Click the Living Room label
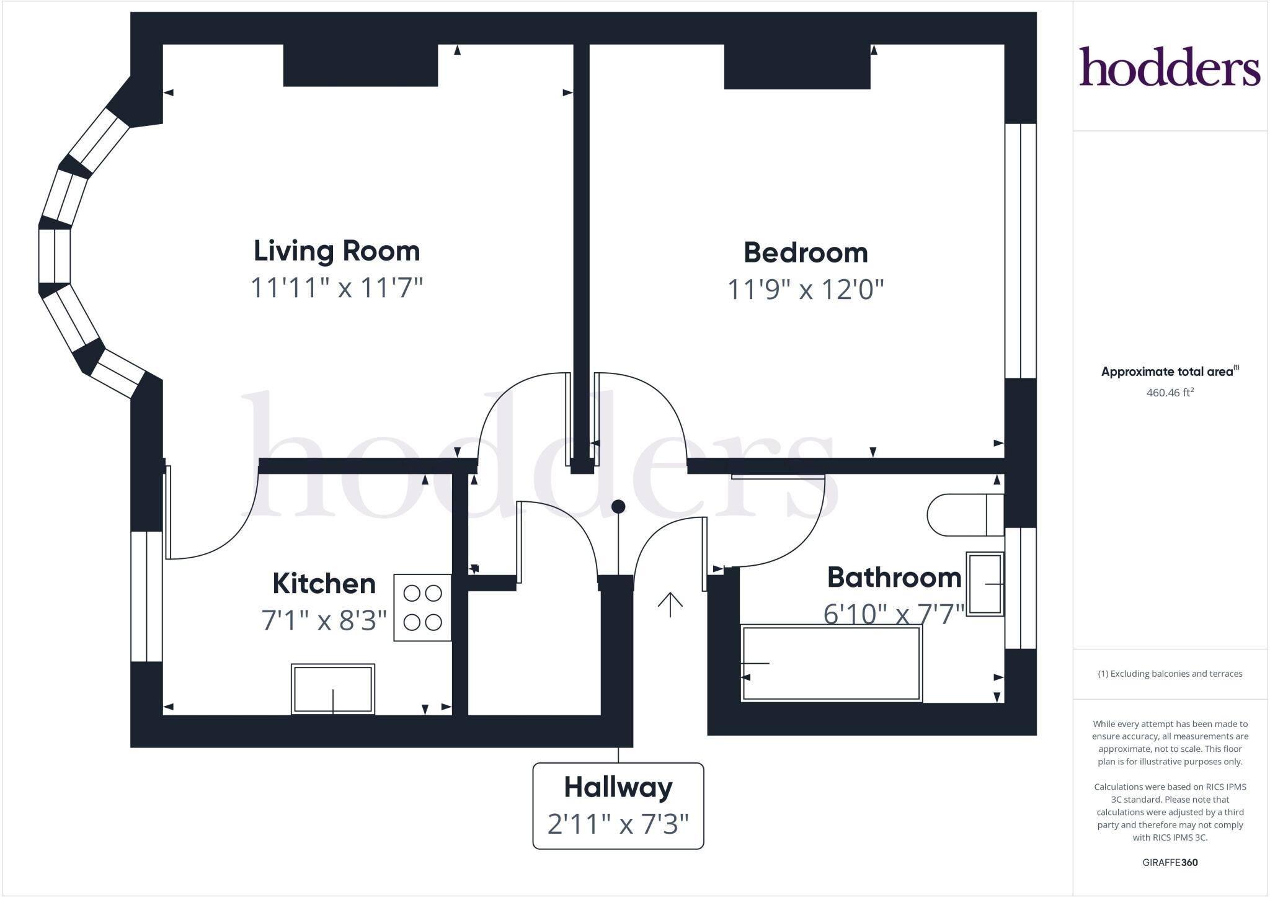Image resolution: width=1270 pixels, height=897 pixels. [337, 251]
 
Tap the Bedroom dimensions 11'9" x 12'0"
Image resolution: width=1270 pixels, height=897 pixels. [805, 289]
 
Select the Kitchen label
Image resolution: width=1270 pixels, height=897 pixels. [324, 584]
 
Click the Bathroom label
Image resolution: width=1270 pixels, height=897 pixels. [894, 578]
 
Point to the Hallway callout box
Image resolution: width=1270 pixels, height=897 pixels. [618, 805]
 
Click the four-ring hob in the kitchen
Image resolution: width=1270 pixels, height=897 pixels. [422, 607]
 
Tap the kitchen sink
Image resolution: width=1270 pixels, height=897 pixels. [333, 689]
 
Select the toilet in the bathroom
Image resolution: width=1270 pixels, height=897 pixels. [964, 514]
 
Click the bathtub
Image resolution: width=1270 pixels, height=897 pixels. [831, 663]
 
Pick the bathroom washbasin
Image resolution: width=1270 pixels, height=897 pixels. [985, 584]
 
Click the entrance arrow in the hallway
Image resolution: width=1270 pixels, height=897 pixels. [670, 604]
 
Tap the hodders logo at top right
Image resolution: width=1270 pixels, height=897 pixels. [1170, 66]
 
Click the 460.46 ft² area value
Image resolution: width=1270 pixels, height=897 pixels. [1170, 392]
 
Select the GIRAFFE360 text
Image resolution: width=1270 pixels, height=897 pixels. [1170, 862]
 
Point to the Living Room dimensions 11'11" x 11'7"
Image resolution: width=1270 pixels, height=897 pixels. [337, 288]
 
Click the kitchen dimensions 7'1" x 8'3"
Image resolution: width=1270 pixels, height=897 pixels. [324, 620]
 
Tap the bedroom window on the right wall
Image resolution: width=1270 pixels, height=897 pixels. [1020, 251]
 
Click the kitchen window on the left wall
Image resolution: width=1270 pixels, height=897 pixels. [146, 596]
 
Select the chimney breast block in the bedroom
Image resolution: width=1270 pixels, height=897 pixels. [797, 66]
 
